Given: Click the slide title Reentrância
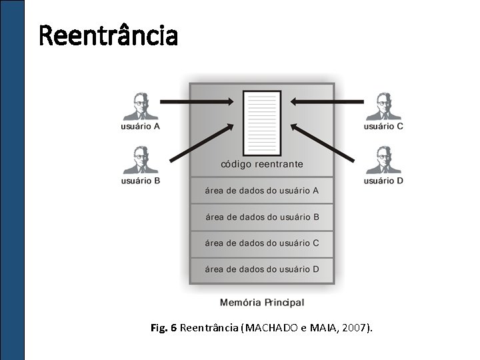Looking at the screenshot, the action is (109, 35).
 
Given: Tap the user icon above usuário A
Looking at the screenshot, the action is (140, 105).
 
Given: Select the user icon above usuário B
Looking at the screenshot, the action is (140, 159).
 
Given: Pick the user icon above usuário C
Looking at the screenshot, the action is (383, 105).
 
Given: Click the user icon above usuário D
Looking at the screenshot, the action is (383, 159).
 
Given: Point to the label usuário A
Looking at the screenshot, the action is (140, 126).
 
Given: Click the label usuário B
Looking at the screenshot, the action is (140, 181).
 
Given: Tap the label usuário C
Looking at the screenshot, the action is (383, 126).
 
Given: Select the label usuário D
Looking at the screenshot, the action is (383, 181).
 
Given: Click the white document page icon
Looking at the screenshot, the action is (262, 123).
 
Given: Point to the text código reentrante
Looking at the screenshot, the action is (262, 164).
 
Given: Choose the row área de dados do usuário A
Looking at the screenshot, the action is (262, 191).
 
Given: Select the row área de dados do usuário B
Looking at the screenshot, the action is (262, 217).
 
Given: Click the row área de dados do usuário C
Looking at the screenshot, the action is (262, 243).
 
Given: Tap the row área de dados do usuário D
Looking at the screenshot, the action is (262, 269).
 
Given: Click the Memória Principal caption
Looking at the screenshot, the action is (262, 303).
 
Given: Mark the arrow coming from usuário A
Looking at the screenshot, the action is (197, 102).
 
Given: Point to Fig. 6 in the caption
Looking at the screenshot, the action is (164, 328).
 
